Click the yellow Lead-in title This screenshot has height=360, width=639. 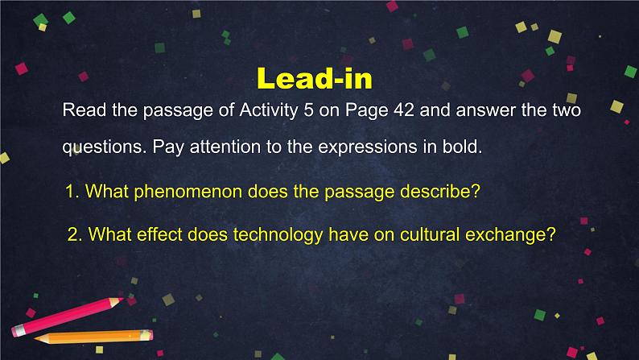(315, 78)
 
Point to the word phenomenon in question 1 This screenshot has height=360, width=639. (188, 192)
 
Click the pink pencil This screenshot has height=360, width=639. (68, 317)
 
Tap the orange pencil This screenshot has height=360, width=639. (93, 337)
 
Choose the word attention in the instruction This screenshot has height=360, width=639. (225, 147)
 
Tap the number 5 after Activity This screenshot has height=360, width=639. (308, 110)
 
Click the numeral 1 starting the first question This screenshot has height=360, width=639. (70, 192)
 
